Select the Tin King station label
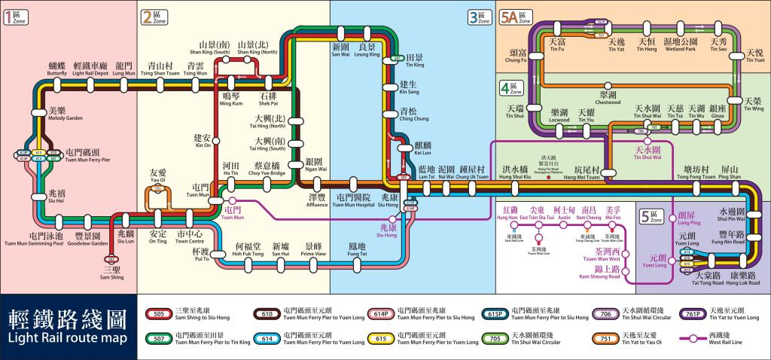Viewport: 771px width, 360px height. point(415,61)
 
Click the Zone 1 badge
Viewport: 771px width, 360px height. point(16,17)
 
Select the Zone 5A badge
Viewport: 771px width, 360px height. point(515,17)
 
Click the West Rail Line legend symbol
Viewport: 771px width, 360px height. point(688,338)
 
